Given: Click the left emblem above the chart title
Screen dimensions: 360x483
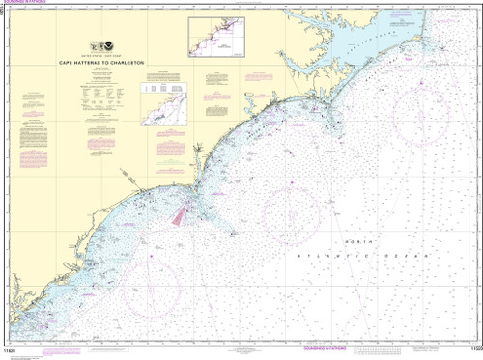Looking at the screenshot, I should [94, 46].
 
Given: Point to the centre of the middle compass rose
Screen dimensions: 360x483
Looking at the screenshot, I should [295, 214].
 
